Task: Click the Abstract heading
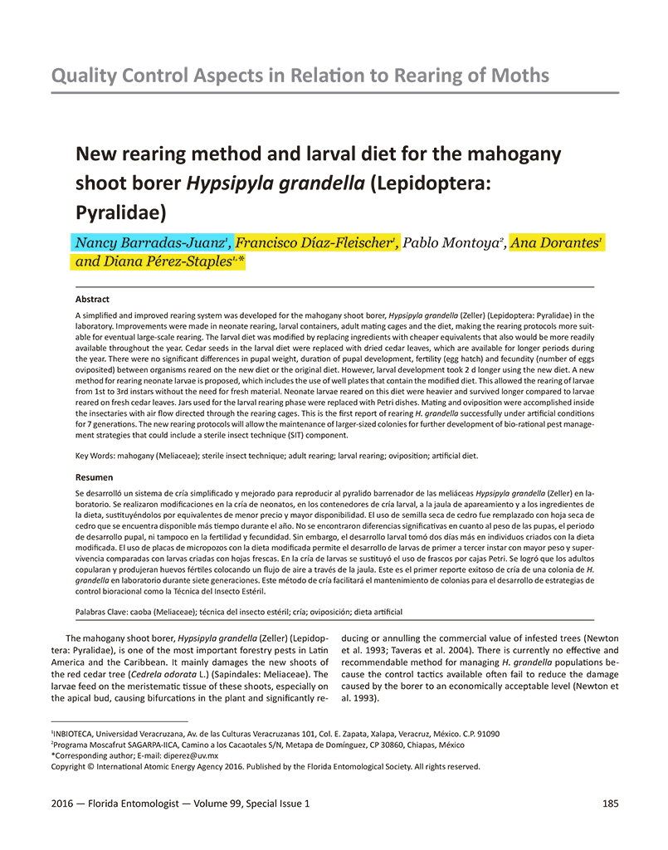pos(92,299)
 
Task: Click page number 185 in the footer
pos(607,804)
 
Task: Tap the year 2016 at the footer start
pos(62,804)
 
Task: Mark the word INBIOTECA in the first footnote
pos(76,735)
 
